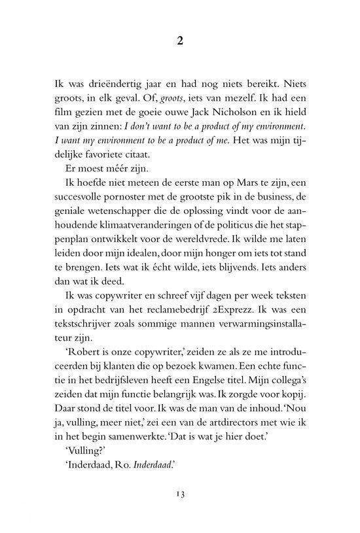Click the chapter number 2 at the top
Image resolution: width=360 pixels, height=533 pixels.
(x=180, y=41)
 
